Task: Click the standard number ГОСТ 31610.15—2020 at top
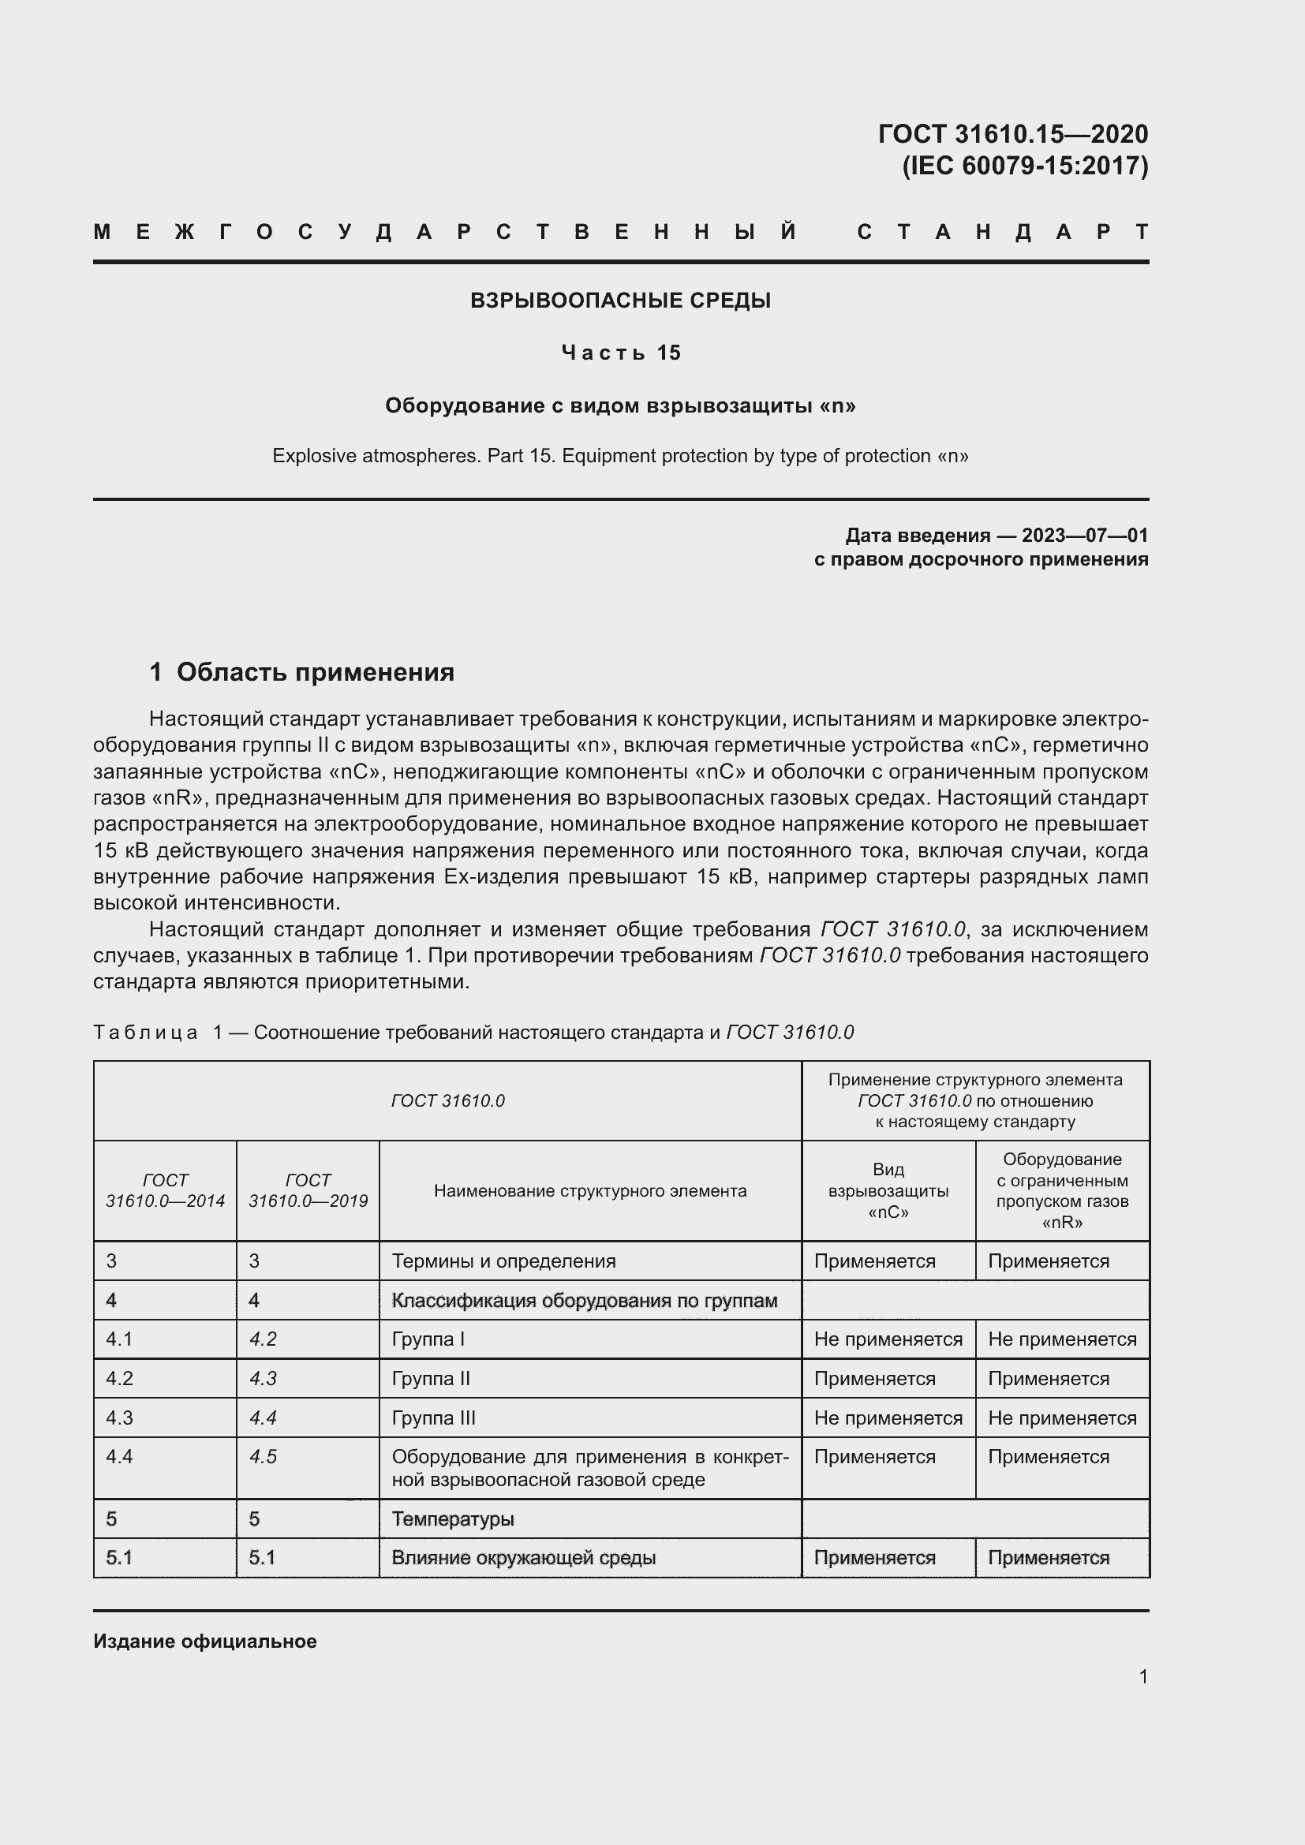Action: tap(1012, 133)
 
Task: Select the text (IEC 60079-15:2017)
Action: tap(1025, 166)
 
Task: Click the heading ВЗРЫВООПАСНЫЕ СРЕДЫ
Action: tap(620, 301)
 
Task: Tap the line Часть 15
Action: tap(620, 353)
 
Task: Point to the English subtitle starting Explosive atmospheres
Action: tap(620, 456)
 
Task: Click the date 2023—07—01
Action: tap(1084, 535)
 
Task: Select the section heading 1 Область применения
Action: tap(302, 672)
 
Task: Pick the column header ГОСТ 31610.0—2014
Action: tap(165, 1190)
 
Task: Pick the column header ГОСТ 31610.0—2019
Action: tap(308, 1190)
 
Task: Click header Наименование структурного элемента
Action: tap(590, 1191)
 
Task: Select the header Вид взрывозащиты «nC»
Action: tap(888, 1191)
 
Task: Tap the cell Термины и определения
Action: tap(504, 1261)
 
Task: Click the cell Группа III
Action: tap(434, 1417)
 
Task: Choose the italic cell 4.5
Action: tap(263, 1457)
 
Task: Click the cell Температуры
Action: tap(452, 1518)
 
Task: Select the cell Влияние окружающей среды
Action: tap(523, 1557)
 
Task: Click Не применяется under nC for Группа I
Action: tap(888, 1339)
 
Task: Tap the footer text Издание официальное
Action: tap(205, 1641)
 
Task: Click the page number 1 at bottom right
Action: tap(1142, 1676)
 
